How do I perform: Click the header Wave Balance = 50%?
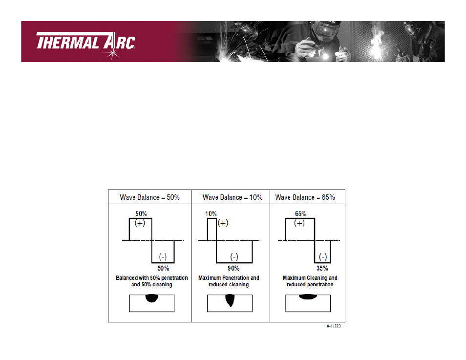click(149, 197)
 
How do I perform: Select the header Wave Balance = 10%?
click(233, 197)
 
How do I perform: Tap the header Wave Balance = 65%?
click(305, 197)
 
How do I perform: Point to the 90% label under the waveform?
click(233, 269)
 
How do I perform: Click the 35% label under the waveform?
click(322, 269)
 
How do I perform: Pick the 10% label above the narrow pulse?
click(211, 214)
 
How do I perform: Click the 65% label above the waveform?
click(301, 214)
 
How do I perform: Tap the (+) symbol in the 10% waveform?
click(223, 223)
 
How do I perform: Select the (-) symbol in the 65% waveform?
click(323, 257)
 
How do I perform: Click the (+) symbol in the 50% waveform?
click(140, 223)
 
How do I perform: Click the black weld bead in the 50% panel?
click(151, 298)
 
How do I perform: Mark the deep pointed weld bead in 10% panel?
click(230, 299)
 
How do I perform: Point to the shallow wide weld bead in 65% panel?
click(308, 296)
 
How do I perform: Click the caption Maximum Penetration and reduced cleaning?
click(229, 281)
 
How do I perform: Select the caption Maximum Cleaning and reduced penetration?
click(310, 281)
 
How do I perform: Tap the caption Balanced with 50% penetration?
click(151, 278)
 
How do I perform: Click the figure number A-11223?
click(334, 326)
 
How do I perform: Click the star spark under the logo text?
click(111, 54)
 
